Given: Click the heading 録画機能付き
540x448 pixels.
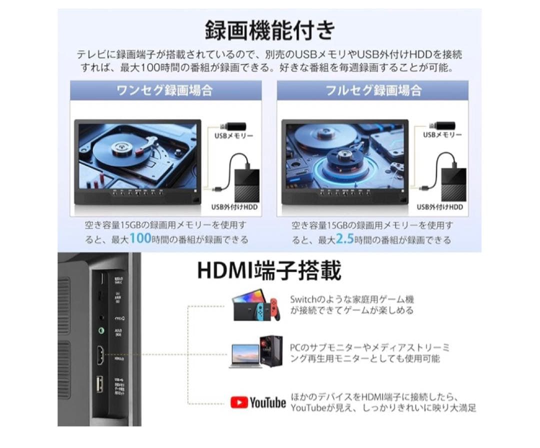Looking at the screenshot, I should click(x=270, y=31).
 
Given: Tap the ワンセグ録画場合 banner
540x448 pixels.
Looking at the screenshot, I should click(x=164, y=90).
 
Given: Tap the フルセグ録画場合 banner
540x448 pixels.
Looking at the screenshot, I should click(x=373, y=90).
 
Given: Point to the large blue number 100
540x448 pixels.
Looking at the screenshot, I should click(x=140, y=239).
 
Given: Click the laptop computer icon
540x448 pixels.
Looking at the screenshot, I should click(x=245, y=355).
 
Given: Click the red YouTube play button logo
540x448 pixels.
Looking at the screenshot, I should click(x=239, y=403).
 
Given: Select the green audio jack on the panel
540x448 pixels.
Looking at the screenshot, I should click(x=101, y=331).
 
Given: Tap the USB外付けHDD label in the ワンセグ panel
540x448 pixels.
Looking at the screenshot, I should click(x=231, y=207).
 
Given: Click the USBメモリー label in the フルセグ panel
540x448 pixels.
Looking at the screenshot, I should click(x=442, y=135).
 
